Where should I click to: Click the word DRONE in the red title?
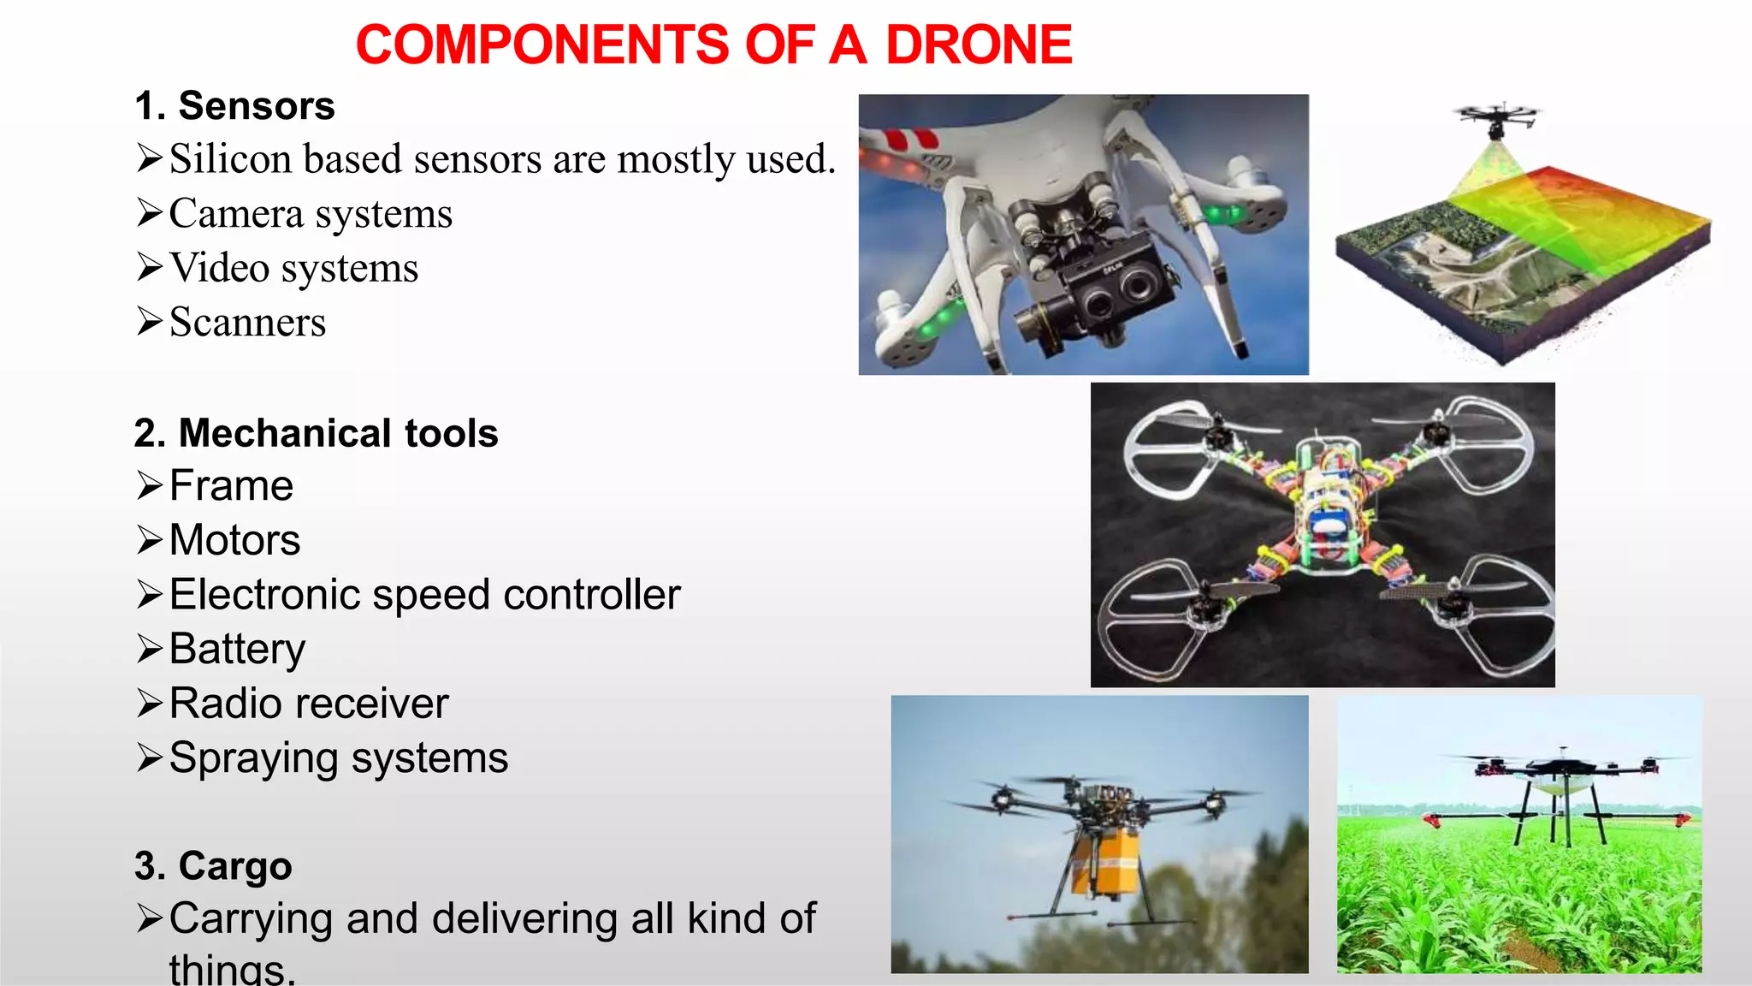(978, 45)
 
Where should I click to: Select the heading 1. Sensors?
(234, 106)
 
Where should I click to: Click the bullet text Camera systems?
(310, 214)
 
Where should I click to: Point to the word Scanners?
(247, 323)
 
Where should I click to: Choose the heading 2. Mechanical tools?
(316, 433)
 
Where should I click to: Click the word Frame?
(231, 486)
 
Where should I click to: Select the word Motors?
(234, 540)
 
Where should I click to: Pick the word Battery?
(237, 649)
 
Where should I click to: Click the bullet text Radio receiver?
(308, 704)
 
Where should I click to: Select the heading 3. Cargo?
(213, 866)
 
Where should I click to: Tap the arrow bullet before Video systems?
(149, 268)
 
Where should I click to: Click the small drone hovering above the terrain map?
(1496, 119)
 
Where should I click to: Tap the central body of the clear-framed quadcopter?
(1325, 514)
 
